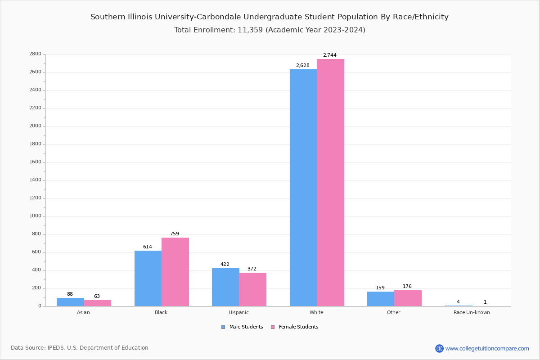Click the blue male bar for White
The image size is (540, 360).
coord(303,188)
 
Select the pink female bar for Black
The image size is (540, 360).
coord(175,272)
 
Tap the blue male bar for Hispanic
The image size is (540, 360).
coord(225,287)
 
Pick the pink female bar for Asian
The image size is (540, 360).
coord(97,303)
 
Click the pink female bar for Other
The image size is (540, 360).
coord(408,298)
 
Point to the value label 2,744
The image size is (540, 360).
coord(329,55)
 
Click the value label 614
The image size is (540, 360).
coord(148,247)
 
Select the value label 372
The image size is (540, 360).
coord(252,269)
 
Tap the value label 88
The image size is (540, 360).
coord(70,294)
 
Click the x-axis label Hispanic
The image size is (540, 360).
coord(238,312)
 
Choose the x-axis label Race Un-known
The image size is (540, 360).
coord(472,312)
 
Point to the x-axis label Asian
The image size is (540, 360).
coord(83,312)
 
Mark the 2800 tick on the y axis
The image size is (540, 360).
coord(35,54)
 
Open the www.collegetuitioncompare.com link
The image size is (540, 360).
coord(487,348)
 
